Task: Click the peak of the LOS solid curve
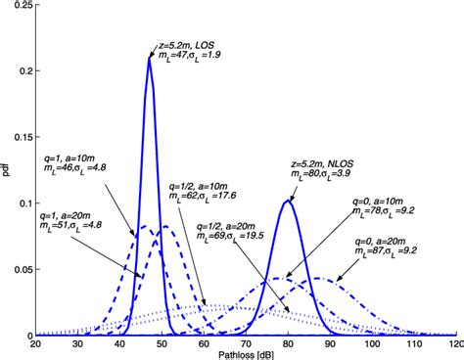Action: coord(149,58)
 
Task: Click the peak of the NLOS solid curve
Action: coord(288,201)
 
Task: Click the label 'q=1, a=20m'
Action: coord(67,224)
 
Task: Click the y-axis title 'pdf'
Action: coord(7,171)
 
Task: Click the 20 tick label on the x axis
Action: coord(35,345)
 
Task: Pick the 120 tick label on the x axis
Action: coord(452,345)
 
